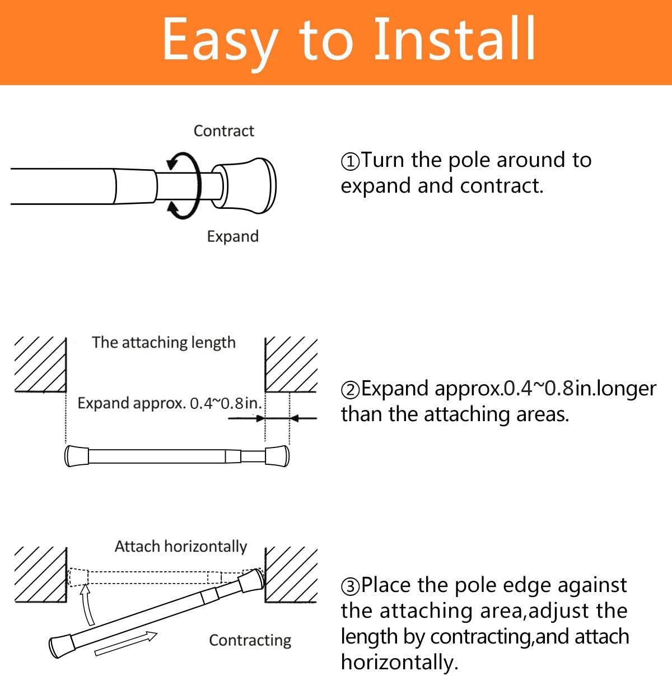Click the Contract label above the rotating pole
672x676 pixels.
(223, 131)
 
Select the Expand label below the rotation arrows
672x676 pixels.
(232, 236)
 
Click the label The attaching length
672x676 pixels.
(164, 342)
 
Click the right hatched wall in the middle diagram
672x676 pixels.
(291, 364)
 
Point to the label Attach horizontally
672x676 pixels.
(180, 546)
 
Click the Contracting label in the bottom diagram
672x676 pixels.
(250, 640)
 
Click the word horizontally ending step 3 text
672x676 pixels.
(399, 662)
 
